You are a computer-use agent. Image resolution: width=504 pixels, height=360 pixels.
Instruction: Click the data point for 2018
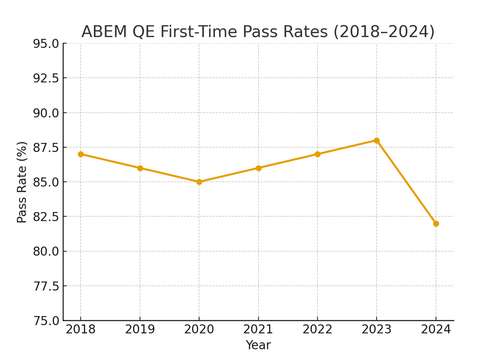click(81, 154)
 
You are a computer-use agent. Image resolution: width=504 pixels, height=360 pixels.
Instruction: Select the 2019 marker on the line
click(140, 168)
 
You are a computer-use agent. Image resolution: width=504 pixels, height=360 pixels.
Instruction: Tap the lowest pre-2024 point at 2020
click(199, 182)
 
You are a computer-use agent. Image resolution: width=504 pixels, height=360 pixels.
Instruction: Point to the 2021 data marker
click(258, 168)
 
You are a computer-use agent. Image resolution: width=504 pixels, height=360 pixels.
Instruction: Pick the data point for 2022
click(318, 154)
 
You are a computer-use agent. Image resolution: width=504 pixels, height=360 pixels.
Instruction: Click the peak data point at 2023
click(377, 141)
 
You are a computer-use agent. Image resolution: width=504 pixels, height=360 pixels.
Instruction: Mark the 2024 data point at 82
click(436, 224)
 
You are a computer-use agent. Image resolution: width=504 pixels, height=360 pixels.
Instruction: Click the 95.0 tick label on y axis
click(46, 44)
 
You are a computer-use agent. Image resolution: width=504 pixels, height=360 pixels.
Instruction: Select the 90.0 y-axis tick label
click(46, 113)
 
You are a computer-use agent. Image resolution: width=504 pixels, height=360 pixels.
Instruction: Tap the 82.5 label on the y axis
click(46, 217)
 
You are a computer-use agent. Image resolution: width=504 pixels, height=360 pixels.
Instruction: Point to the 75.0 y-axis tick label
click(46, 321)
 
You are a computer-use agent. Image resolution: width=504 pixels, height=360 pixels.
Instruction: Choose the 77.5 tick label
click(46, 286)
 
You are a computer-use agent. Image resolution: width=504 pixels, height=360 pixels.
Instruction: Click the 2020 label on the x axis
click(199, 330)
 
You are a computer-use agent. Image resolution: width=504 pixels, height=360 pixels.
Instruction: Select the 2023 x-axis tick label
click(377, 330)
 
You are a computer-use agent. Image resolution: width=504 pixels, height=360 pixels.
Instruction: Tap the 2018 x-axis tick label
click(81, 330)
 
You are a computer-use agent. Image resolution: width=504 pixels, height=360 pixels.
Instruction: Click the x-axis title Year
click(258, 345)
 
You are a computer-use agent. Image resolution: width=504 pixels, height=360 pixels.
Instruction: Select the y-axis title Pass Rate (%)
click(22, 182)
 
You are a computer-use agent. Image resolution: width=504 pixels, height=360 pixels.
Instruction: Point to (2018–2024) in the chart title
click(383, 32)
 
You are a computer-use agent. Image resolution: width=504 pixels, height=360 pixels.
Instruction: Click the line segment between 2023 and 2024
click(406, 182)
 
